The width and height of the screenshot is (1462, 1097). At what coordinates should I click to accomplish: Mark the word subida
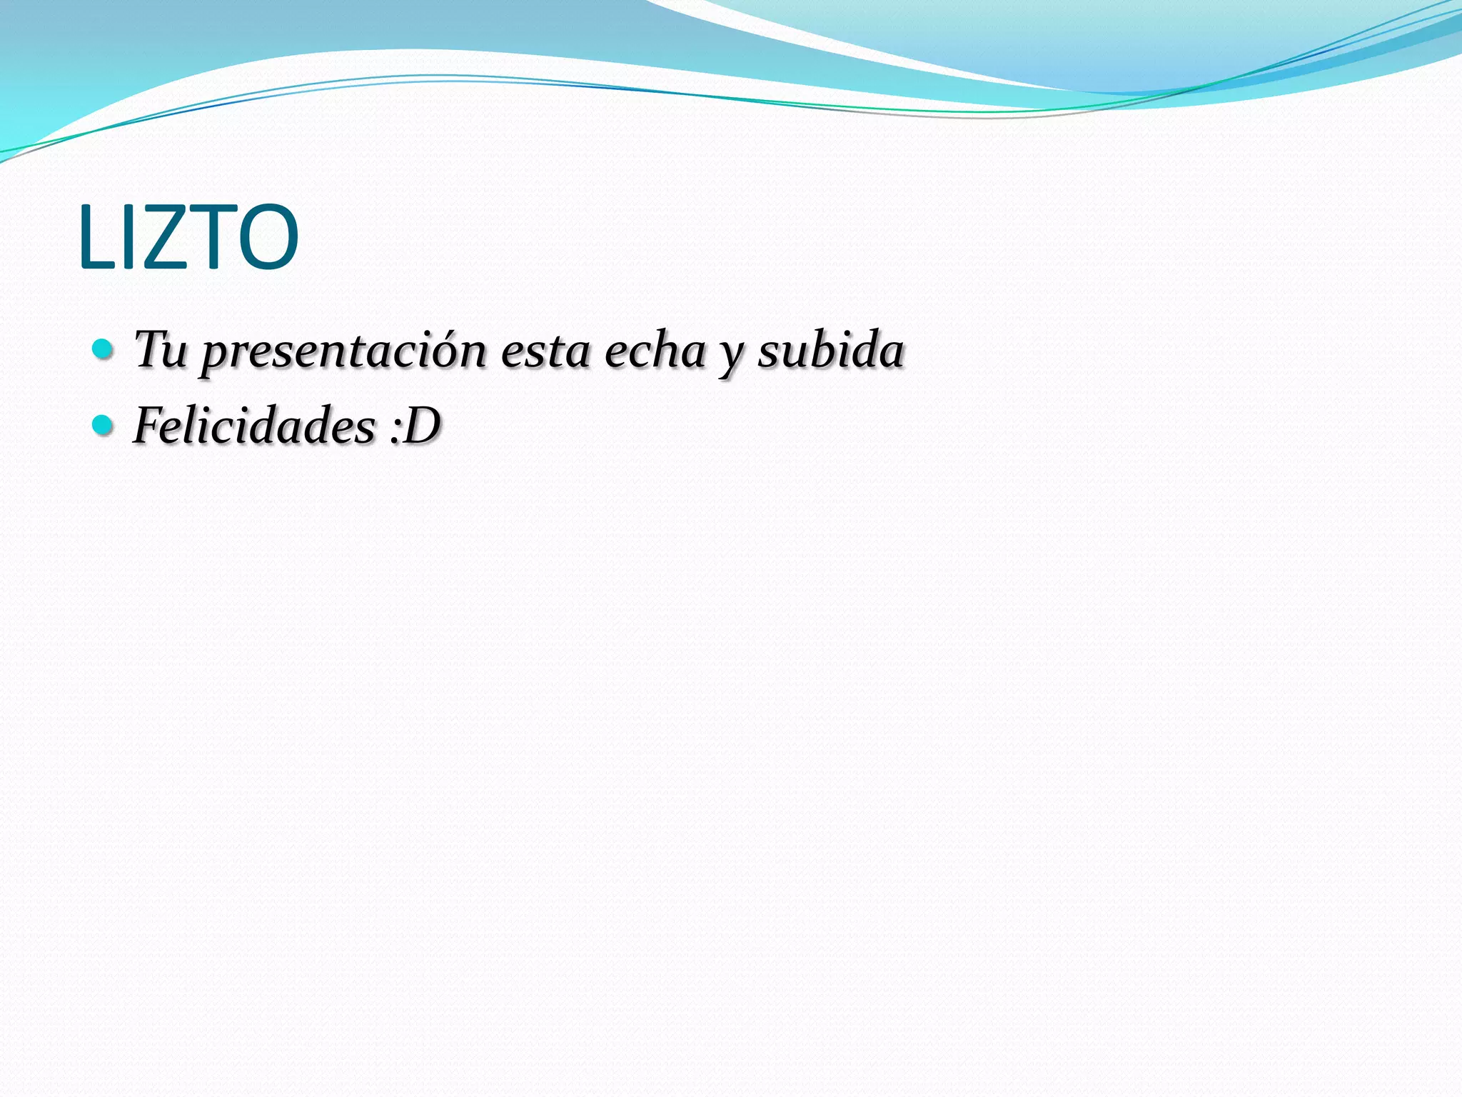(x=830, y=350)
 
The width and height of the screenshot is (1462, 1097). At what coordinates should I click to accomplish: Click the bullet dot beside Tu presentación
(x=104, y=349)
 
